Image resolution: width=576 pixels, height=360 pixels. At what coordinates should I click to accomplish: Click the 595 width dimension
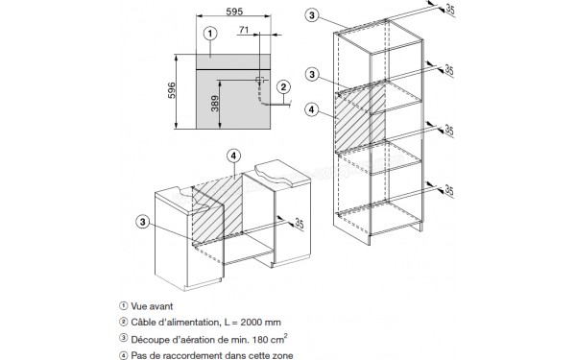tap(234, 12)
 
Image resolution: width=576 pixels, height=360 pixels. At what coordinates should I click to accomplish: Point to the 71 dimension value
tap(244, 30)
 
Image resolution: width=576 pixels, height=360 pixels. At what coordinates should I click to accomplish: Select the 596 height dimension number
tap(172, 90)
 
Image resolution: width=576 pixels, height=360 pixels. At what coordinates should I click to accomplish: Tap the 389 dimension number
tap(215, 104)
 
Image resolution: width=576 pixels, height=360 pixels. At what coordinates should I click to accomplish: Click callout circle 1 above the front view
tap(210, 34)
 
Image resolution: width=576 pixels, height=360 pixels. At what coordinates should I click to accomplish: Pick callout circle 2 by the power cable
tap(283, 87)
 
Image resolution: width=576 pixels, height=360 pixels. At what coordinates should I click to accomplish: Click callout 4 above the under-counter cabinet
tap(233, 156)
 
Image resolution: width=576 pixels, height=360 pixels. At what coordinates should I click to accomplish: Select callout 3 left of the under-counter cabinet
tap(143, 222)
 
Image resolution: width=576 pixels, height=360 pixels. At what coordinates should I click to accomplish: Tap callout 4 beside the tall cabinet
tap(312, 109)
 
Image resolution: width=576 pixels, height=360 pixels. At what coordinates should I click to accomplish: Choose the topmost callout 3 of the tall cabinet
tap(312, 15)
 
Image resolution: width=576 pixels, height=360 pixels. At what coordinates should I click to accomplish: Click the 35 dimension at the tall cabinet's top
tap(450, 10)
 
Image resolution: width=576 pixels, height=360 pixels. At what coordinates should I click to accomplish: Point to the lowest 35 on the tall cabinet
tap(449, 190)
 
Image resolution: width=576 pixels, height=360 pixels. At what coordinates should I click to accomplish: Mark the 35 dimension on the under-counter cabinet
tap(300, 224)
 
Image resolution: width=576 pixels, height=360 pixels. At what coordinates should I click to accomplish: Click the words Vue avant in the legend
tap(152, 306)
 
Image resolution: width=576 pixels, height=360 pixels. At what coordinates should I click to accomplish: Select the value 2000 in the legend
tap(253, 323)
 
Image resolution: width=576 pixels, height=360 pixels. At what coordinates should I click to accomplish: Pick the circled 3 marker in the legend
tap(124, 339)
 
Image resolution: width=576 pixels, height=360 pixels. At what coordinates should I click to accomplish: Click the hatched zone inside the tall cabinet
tap(360, 117)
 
